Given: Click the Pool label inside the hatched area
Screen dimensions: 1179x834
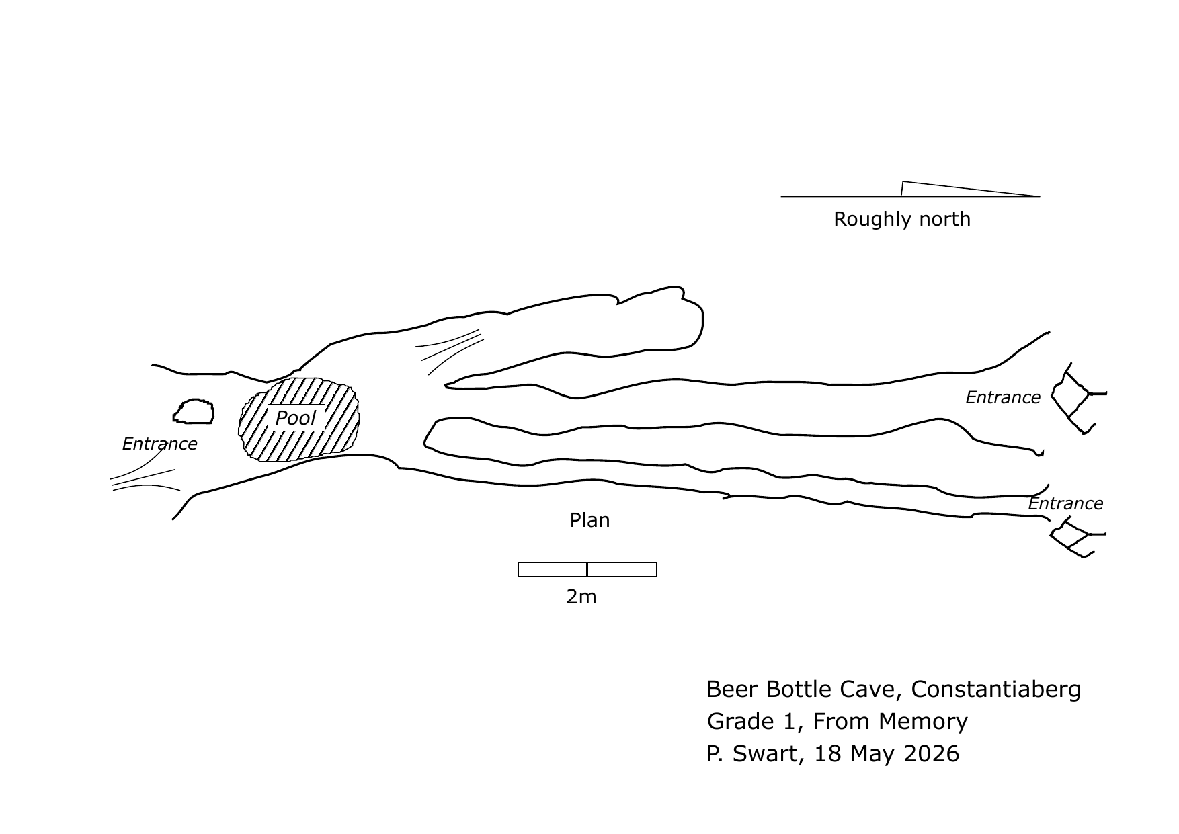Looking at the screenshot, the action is click(296, 418).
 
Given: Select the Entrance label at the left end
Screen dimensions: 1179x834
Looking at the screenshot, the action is click(159, 444).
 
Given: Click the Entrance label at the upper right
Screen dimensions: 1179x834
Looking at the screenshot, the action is click(1003, 397).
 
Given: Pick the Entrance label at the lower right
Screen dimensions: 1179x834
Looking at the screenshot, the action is click(1065, 503).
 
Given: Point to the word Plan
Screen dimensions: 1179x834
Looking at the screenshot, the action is click(589, 520).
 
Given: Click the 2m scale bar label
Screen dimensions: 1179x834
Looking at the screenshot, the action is click(581, 597).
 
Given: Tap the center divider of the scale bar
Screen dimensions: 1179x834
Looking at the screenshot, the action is click(587, 569).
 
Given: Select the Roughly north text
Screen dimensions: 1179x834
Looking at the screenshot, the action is click(902, 219).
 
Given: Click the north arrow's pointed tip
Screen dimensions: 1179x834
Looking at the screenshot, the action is click(1040, 196).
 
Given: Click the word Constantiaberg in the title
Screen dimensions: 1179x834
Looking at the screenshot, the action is click(996, 690).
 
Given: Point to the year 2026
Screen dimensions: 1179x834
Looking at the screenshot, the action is click(931, 754).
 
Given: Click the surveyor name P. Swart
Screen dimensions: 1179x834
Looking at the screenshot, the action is click(752, 754).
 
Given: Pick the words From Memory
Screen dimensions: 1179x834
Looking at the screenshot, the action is click(890, 722).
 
